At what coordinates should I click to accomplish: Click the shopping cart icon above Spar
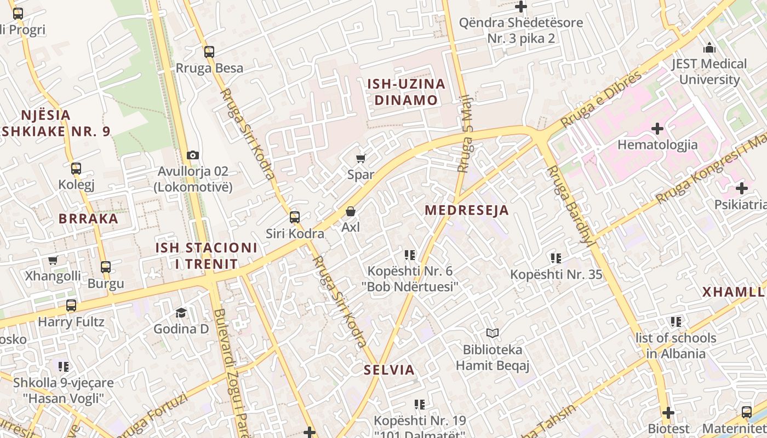(360, 159)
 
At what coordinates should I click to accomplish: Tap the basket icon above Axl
(351, 211)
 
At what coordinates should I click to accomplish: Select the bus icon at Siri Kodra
(295, 217)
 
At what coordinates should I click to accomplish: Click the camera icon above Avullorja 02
(192, 155)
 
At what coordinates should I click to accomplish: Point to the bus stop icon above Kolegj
(76, 169)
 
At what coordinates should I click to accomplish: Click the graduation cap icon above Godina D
(181, 313)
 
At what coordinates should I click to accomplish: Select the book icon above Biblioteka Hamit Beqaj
(493, 333)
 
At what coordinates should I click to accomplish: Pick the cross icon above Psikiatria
(741, 189)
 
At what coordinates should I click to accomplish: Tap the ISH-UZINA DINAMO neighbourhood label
(406, 92)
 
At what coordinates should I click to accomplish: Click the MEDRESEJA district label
(467, 210)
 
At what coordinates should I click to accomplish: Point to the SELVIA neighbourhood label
(390, 370)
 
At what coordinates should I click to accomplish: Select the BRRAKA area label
(88, 219)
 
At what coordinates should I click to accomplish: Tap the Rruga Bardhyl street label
(570, 205)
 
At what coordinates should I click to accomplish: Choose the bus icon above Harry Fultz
(71, 306)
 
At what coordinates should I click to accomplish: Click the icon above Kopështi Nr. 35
(556, 258)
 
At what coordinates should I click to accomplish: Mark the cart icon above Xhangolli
(53, 261)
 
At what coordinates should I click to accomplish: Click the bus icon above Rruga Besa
(209, 52)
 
